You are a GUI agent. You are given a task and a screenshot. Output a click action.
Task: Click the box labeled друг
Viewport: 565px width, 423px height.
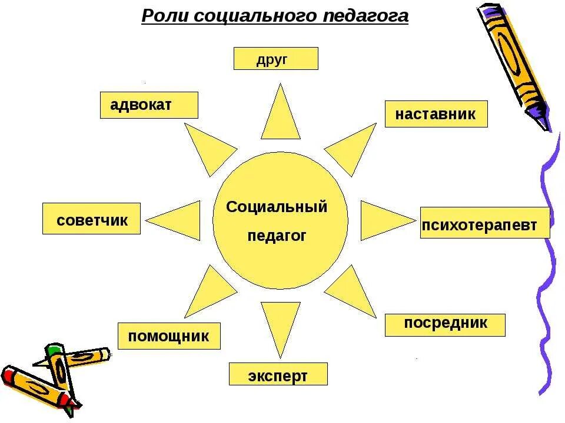tap(275, 59)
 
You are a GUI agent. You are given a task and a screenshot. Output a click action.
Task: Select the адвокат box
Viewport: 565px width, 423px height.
tap(149, 105)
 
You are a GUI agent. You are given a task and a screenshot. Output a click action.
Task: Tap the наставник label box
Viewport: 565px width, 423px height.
tap(436, 114)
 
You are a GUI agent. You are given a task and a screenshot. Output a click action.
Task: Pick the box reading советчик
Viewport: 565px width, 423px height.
tap(91, 219)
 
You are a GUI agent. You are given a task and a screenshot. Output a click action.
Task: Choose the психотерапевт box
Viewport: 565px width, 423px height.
tap(485, 223)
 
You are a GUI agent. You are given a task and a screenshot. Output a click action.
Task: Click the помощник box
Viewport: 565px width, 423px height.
tap(169, 336)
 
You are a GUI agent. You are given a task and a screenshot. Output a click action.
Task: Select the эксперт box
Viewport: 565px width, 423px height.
tap(278, 374)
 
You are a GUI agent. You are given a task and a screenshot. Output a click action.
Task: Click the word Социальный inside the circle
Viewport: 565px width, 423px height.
tap(277, 207)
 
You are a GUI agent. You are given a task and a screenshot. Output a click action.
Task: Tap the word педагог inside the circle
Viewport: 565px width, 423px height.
tap(277, 236)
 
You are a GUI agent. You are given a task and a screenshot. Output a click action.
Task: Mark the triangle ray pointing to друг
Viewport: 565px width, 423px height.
tap(281, 117)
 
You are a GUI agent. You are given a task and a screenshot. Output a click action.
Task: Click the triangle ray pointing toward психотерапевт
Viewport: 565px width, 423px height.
tap(383, 220)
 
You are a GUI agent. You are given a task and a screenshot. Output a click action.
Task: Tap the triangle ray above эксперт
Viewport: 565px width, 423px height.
tap(281, 323)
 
